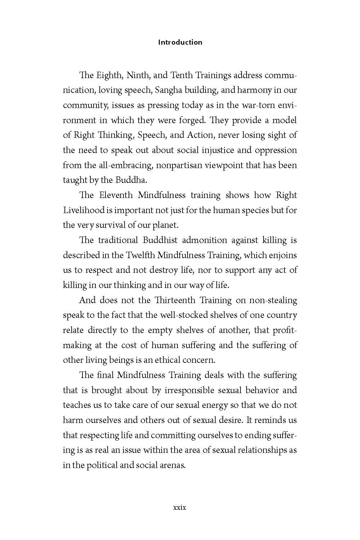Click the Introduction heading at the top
click(x=180, y=42)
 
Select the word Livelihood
click(x=84, y=210)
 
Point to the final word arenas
click(x=172, y=465)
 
